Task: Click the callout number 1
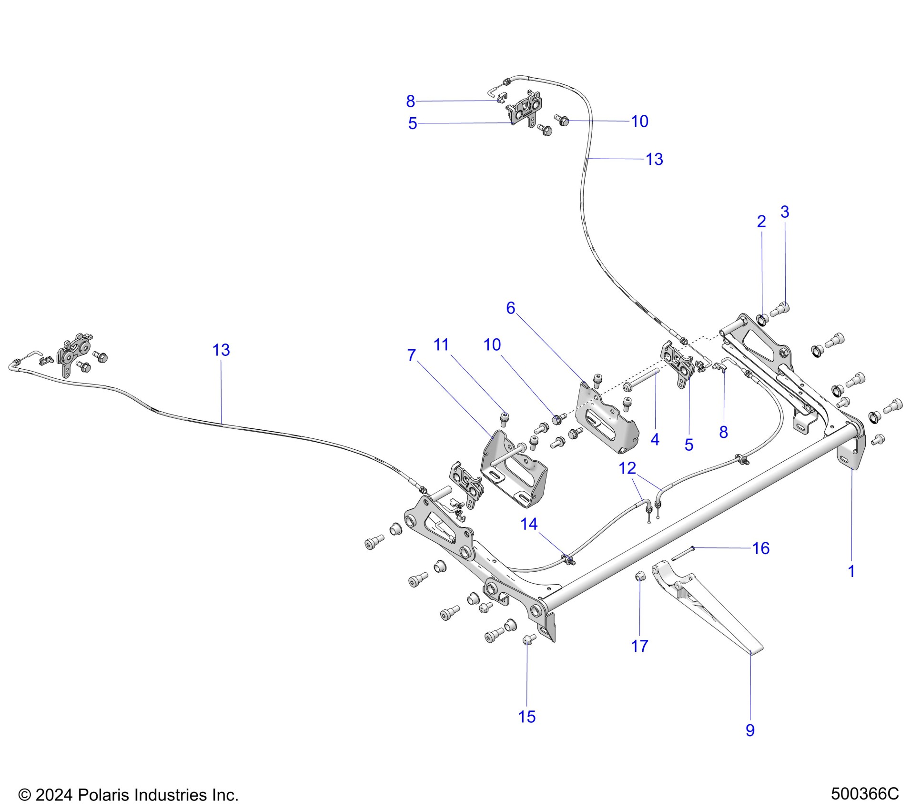851,571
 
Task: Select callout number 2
761,222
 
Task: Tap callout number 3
785,212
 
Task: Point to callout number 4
655,440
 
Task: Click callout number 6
510,308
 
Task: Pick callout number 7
412,355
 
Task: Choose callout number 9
750,730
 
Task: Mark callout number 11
441,344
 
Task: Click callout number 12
627,468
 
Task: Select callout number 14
529,524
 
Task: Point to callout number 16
761,548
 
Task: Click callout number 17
639,646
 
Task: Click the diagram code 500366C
865,794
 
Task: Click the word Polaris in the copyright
103,795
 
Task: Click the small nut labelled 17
640,577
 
